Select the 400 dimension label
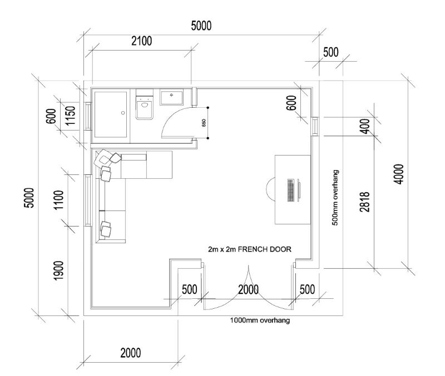pyautogui.click(x=365, y=127)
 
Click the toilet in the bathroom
pyautogui.click(x=145, y=107)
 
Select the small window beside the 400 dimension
pyautogui.click(x=314, y=127)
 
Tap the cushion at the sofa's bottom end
pyautogui.click(x=106, y=228)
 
